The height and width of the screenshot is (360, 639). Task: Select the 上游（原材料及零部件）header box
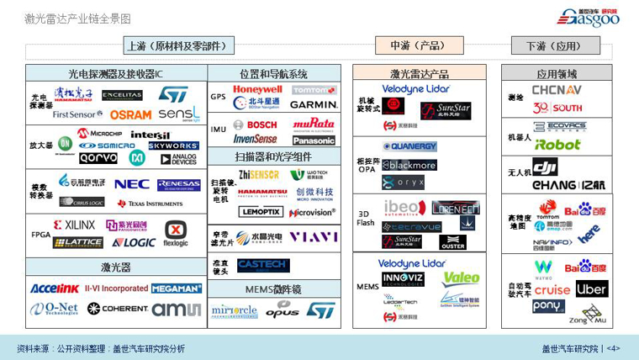click(179, 45)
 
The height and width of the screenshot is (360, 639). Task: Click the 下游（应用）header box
click(553, 45)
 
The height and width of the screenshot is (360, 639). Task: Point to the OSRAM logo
click(130, 114)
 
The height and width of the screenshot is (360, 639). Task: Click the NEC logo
click(132, 183)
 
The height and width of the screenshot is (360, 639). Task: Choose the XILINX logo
click(75, 225)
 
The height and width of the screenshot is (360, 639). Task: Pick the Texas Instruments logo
click(150, 204)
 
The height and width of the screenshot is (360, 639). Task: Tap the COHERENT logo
click(118, 309)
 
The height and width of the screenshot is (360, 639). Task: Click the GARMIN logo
click(314, 105)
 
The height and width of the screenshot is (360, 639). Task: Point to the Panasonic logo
click(314, 140)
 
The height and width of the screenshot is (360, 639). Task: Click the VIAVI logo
click(314, 237)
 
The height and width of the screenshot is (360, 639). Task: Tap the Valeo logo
click(461, 278)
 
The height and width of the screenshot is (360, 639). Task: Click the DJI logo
click(545, 167)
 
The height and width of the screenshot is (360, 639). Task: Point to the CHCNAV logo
click(557, 90)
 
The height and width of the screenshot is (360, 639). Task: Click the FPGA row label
click(40, 235)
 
